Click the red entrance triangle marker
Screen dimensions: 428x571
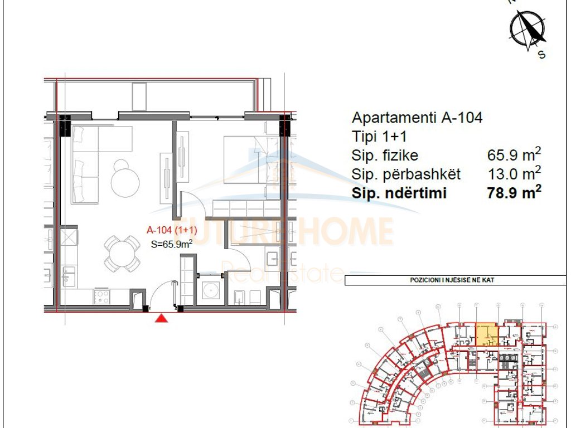(x=161, y=318)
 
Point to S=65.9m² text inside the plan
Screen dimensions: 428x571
(x=172, y=243)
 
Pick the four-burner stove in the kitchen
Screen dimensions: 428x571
(x=102, y=296)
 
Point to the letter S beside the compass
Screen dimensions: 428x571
(x=541, y=55)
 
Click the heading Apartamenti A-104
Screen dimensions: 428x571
(x=417, y=118)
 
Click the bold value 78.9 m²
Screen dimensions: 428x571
(x=514, y=193)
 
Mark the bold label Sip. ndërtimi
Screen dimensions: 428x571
(x=399, y=193)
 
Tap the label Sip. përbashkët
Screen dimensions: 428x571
(x=406, y=174)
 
